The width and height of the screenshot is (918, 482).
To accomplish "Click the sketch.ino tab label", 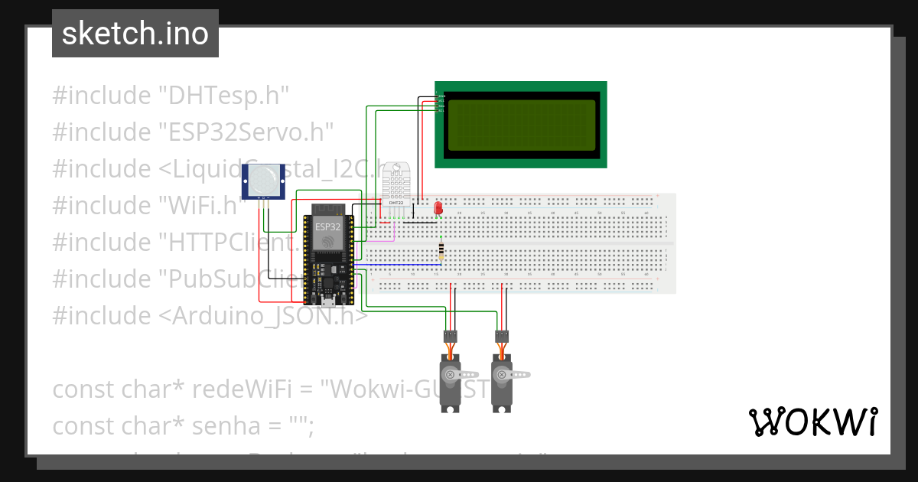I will [x=135, y=34].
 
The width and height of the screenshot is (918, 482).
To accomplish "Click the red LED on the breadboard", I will [x=438, y=207].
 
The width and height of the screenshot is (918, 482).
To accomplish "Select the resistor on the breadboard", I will [x=441, y=252].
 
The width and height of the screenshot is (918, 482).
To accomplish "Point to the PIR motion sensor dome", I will [x=262, y=181].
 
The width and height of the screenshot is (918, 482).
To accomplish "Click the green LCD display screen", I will [x=520, y=125].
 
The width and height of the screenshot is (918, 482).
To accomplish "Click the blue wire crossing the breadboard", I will [x=398, y=264].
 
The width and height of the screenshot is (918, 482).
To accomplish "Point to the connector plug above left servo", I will [x=451, y=335].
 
